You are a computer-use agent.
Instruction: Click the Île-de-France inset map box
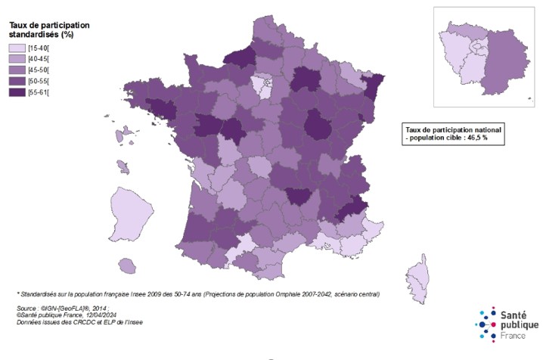pos(480,57)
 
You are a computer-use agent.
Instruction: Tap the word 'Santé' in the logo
pos(516,314)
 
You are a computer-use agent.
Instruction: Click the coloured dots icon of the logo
pos(488,324)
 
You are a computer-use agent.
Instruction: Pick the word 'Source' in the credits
pos(27,309)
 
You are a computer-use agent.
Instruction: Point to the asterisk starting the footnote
pos(18,294)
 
